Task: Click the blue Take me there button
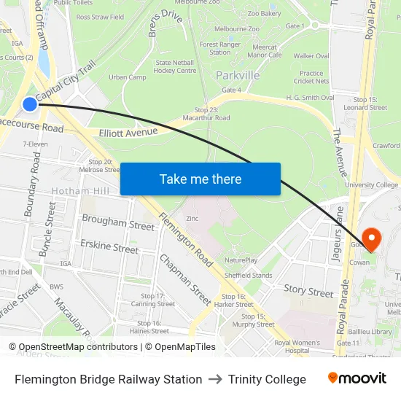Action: [200, 179]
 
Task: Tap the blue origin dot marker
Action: [30, 104]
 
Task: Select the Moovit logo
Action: [357, 378]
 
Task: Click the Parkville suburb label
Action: [238, 75]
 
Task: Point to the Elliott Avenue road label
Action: [128, 132]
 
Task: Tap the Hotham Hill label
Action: [80, 191]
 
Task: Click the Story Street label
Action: [308, 292]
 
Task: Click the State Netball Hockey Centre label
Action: [176, 66]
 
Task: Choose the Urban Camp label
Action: [128, 77]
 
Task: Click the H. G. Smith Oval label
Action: [311, 97]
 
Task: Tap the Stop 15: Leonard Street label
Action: [370, 103]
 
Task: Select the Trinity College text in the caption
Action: [267, 379]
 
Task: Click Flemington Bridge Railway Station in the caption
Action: [109, 379]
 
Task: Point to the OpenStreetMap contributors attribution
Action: [76, 347]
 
